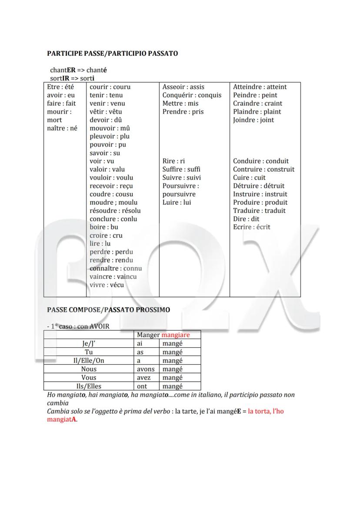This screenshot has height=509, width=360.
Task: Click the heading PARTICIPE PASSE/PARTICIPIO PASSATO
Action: tap(112, 53)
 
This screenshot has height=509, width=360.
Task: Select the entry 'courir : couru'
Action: tap(110, 87)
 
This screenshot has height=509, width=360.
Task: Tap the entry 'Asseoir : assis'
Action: tap(183, 87)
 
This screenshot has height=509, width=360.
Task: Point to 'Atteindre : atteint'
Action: tap(260, 87)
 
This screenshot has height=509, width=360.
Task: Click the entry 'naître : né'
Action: tap(62, 128)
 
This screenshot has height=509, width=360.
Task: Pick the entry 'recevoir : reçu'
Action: tap(111, 186)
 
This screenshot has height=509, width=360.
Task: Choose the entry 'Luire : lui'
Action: tap(177, 203)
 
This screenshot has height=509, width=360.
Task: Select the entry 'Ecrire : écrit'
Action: tap(251, 227)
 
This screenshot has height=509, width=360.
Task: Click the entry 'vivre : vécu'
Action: tap(107, 285)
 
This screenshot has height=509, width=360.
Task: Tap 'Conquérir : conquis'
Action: tap(192, 95)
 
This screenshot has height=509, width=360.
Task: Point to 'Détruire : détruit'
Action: tap(258, 186)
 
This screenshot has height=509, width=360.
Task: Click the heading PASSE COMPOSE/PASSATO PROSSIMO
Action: tap(108, 310)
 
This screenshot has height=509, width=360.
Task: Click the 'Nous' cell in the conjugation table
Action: tap(89, 369)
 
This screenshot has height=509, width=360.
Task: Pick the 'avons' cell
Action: tap(145, 369)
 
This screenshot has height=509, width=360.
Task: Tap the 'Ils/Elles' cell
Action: tap(89, 386)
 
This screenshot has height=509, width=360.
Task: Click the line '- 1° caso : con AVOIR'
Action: tap(78, 326)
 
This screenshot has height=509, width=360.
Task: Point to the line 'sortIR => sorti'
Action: tap(72, 78)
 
